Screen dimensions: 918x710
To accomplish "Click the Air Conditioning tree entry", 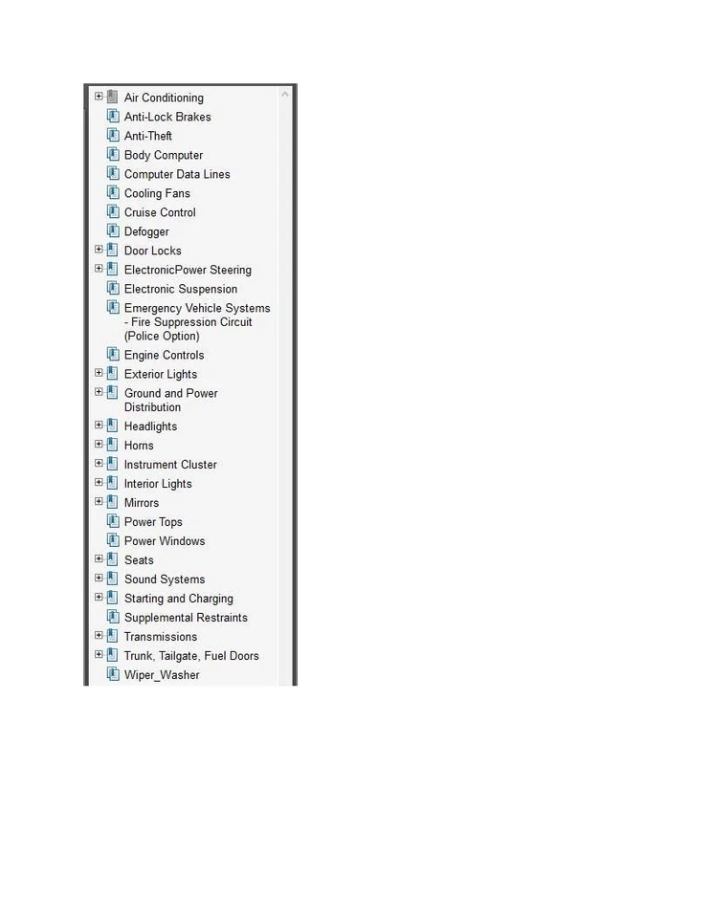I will (x=164, y=98).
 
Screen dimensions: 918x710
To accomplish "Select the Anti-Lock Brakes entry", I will (x=167, y=117).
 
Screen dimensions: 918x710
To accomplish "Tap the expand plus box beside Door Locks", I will (x=99, y=250).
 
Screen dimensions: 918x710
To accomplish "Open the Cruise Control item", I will (x=160, y=212).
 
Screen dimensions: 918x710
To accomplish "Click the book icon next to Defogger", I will (x=113, y=230).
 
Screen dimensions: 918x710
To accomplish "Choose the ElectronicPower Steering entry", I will (x=188, y=270).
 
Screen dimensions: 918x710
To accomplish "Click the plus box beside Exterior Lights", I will (x=99, y=373).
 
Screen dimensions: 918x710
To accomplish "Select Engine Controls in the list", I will (x=164, y=355).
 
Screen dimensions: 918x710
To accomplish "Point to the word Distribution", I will (x=152, y=407).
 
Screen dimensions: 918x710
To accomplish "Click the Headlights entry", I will (x=150, y=426).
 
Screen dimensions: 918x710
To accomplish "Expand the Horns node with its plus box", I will (x=99, y=445).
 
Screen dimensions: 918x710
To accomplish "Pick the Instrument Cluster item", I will (x=170, y=465).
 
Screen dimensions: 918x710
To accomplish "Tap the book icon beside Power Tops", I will (x=113, y=521).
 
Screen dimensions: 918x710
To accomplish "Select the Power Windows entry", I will (x=165, y=541).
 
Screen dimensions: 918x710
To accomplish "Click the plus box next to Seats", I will (x=99, y=559).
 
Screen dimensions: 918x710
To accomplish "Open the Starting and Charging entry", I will (x=178, y=599).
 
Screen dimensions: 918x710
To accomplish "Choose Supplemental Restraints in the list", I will (x=186, y=618).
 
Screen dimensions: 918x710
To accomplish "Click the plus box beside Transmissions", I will (x=99, y=636).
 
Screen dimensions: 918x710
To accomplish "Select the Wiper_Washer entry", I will (x=162, y=675).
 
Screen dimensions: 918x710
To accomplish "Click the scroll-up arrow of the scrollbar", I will (x=285, y=95).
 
